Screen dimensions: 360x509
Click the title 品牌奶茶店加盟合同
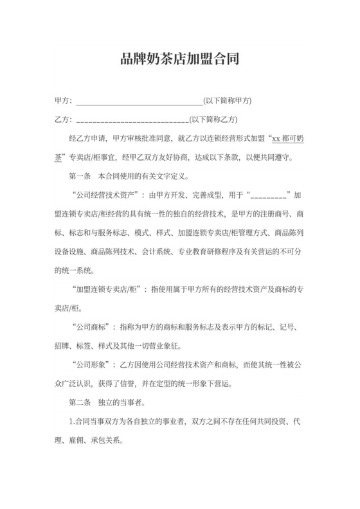pos(180,60)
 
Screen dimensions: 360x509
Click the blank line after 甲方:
pos(139,102)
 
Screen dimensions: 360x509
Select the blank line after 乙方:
pos(132,120)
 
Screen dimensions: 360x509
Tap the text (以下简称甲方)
pos(227,102)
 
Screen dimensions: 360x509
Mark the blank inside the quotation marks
pos(269,194)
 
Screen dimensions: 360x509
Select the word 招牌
pos(63,347)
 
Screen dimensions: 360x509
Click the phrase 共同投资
pos(265,423)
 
